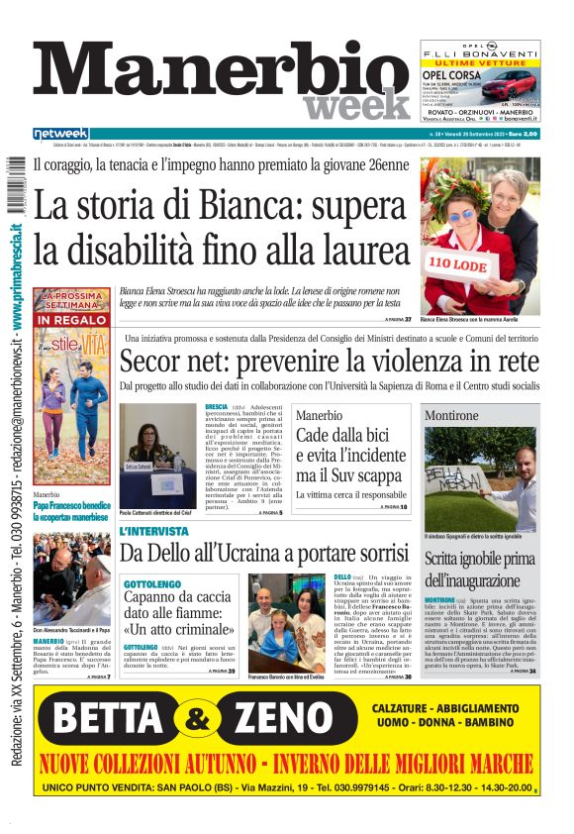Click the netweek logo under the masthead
(60, 134)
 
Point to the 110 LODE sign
(459, 264)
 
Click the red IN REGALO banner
(71, 320)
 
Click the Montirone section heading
(452, 416)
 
